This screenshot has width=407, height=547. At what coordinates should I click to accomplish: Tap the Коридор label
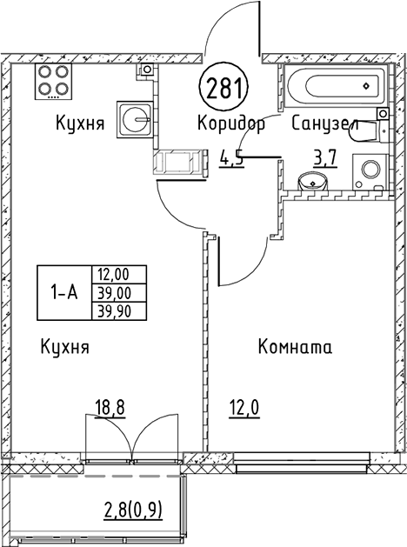coord(230,123)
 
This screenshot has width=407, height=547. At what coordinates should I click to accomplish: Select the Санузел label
coord(324,123)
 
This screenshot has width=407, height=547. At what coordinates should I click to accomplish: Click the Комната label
coord(296,348)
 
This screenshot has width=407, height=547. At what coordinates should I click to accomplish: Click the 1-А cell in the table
coord(63,294)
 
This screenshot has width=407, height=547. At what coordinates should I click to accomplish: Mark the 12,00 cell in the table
coord(119,277)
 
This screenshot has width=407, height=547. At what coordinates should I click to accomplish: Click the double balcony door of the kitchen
coord(132,434)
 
